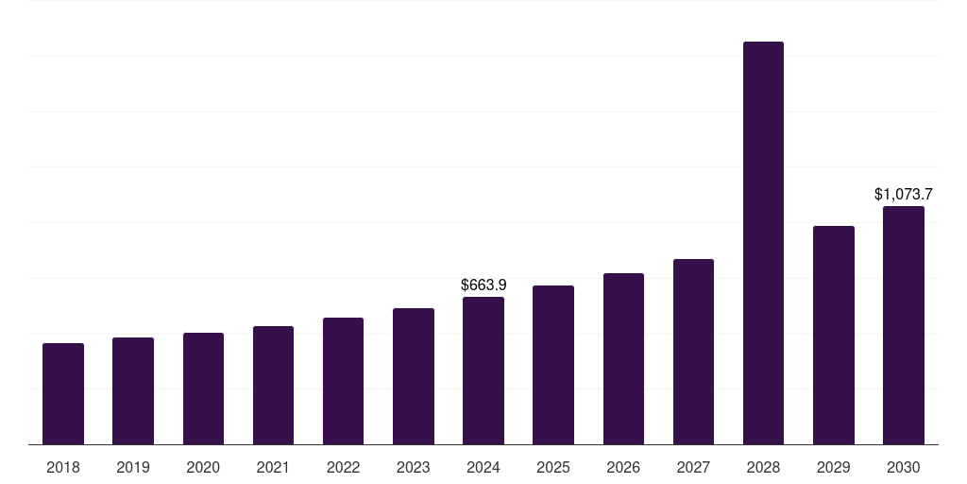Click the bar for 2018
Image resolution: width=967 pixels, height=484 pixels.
[63, 394]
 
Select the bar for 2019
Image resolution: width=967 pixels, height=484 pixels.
[133, 390]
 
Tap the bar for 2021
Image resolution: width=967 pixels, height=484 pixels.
[273, 386]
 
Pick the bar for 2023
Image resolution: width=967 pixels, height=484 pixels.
[414, 376]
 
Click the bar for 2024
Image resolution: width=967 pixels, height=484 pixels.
[483, 371]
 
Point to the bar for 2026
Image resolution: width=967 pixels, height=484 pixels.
[623, 358]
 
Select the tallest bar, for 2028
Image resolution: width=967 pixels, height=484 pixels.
[763, 243]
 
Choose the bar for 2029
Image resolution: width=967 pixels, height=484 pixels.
[834, 336]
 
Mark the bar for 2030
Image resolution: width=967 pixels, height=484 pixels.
[904, 325]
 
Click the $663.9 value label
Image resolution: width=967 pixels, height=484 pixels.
[483, 285]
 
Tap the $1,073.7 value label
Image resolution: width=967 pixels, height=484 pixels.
[904, 194]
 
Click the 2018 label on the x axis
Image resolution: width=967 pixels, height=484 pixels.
[63, 467]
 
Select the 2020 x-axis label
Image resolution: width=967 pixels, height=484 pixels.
[203, 467]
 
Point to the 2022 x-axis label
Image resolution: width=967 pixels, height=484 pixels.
[343, 467]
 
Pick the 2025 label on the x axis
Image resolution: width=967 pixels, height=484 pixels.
[553, 467]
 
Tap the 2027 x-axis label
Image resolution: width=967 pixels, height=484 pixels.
[693, 467]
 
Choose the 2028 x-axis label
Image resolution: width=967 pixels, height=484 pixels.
[763, 467]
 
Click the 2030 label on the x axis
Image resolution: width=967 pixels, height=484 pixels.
[904, 467]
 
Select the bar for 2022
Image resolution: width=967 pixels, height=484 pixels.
[343, 381]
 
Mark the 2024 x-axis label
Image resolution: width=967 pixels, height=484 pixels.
[483, 467]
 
